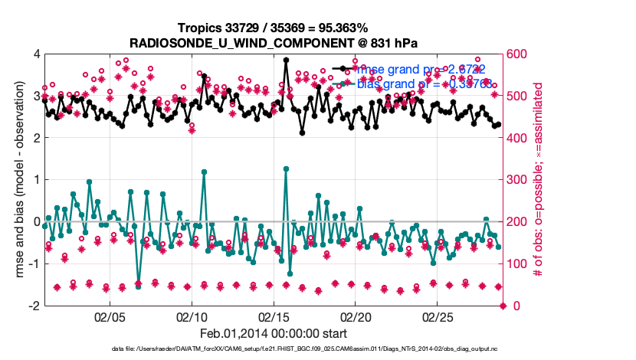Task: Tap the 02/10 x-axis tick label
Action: click(192, 317)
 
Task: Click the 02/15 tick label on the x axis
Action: click(274, 317)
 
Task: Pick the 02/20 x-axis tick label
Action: click(356, 317)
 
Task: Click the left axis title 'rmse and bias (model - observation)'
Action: click(17, 180)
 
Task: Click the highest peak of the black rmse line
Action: click(286, 60)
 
